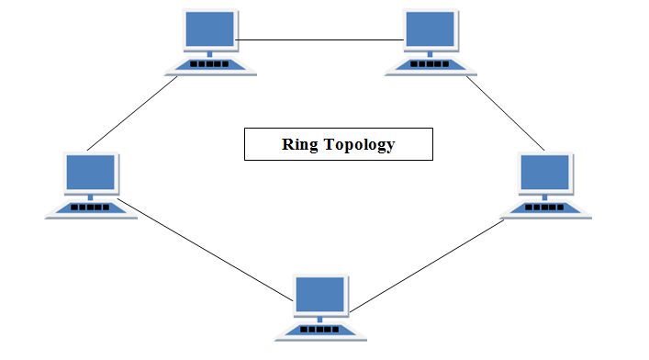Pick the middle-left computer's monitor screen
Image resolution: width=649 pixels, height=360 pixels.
pyautogui.click(x=90, y=173)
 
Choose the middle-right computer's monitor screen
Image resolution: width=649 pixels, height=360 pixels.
pyautogui.click(x=546, y=173)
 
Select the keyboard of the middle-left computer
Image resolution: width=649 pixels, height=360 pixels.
pyautogui.click(x=90, y=208)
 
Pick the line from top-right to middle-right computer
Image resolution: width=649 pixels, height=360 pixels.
pyautogui.click(x=507, y=114)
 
